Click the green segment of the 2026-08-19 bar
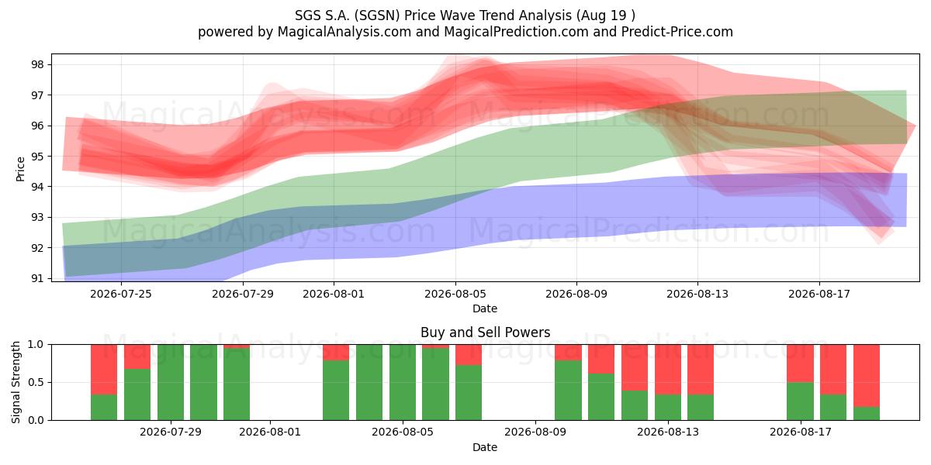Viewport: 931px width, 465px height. [x=867, y=414]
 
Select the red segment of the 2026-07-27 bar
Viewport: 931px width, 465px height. [x=104, y=370]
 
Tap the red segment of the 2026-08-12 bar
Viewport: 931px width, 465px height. [x=635, y=367]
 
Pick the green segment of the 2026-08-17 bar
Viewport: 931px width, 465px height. [x=800, y=401]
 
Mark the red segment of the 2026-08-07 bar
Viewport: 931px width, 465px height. [x=469, y=355]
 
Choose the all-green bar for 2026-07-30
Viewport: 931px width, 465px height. [x=203, y=382]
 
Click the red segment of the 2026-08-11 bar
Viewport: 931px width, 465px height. [x=601, y=359]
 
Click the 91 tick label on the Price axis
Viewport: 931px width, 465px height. [x=36, y=278]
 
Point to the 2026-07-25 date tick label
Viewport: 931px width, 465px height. [x=121, y=294]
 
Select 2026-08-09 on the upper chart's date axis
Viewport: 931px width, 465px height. [x=576, y=294]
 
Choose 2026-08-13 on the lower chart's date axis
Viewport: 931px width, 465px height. [x=668, y=432]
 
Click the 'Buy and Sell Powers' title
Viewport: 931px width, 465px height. [x=485, y=332]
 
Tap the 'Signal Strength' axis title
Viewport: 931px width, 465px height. [x=16, y=382]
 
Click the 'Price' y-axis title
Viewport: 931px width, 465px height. [x=20, y=169]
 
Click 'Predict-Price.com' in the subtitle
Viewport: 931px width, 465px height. [x=677, y=32]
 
